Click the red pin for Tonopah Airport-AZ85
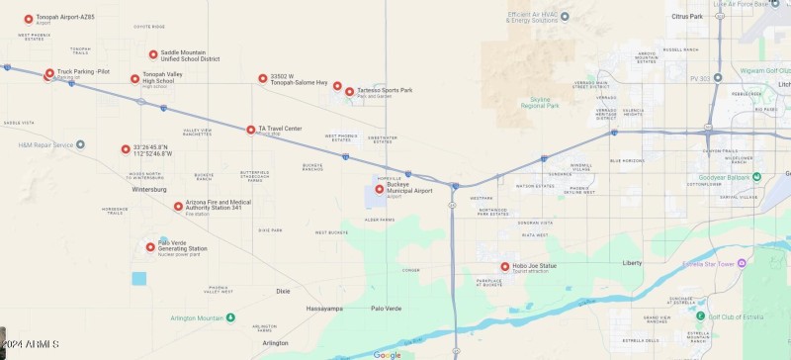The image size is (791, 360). pos(29,19)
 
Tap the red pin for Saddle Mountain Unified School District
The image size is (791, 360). pos(153,54)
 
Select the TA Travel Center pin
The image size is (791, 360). pos(251,130)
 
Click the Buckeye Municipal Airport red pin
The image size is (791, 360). pos(380,189)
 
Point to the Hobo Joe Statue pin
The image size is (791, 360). pos(505,266)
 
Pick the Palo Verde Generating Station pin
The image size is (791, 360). pos(151,247)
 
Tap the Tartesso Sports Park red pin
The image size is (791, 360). pos(349,92)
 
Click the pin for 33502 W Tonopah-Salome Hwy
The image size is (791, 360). pos(263,78)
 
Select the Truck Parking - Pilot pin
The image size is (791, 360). pos(49,73)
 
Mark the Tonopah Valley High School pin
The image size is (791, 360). pos(135,78)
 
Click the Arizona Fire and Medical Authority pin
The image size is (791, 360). pos(179,207)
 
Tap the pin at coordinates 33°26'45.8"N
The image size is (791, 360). pos(126,149)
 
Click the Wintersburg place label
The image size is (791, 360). pos(148,189)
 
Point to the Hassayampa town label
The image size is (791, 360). pos(323,309)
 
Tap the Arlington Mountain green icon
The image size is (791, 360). pos(230,317)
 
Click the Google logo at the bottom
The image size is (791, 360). pos(387,354)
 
